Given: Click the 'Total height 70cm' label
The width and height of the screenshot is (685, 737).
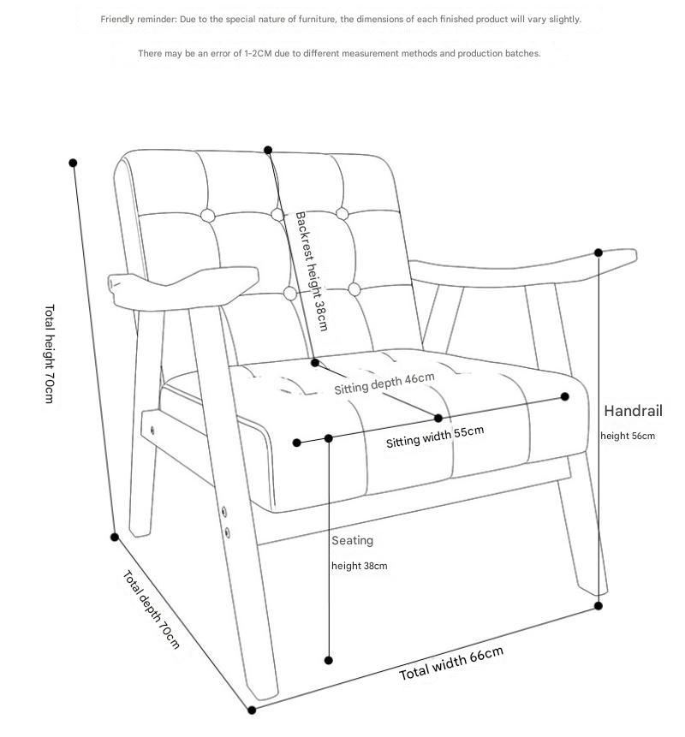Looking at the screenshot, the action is pyautogui.click(x=50, y=354).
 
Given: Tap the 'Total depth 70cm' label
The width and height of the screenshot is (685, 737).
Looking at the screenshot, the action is pyautogui.click(x=152, y=609).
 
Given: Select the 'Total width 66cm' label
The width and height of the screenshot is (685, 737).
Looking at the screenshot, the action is pyautogui.click(x=451, y=663).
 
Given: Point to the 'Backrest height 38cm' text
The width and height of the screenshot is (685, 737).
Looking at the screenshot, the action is pyautogui.click(x=311, y=271).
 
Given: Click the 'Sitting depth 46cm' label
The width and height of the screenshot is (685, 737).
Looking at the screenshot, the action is pyautogui.click(x=384, y=383).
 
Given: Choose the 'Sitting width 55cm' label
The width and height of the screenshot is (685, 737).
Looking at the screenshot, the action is pyautogui.click(x=435, y=437).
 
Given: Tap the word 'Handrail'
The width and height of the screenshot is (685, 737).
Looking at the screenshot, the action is pyautogui.click(x=633, y=411).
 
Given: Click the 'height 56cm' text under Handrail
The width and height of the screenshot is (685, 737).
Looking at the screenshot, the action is pyautogui.click(x=628, y=436).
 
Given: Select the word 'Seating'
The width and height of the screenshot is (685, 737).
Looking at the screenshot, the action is pyautogui.click(x=352, y=540).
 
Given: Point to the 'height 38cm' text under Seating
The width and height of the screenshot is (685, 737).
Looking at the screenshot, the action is pyautogui.click(x=359, y=566).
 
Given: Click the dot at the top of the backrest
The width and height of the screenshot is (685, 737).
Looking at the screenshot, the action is pyautogui.click(x=268, y=150).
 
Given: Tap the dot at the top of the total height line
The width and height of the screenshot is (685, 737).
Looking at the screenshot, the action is pyautogui.click(x=73, y=163).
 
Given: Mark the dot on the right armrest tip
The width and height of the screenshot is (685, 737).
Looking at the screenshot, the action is pyautogui.click(x=598, y=253).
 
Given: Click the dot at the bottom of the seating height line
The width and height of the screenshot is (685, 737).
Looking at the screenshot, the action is pyautogui.click(x=329, y=660).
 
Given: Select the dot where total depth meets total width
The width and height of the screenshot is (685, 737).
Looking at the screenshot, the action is pyautogui.click(x=252, y=710).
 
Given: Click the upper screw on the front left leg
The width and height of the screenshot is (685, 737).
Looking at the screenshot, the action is pyautogui.click(x=223, y=511).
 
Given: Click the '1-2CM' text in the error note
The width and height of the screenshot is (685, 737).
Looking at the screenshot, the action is pyautogui.click(x=258, y=54).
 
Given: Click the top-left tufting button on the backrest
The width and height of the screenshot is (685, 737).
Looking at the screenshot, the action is pyautogui.click(x=207, y=216).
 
